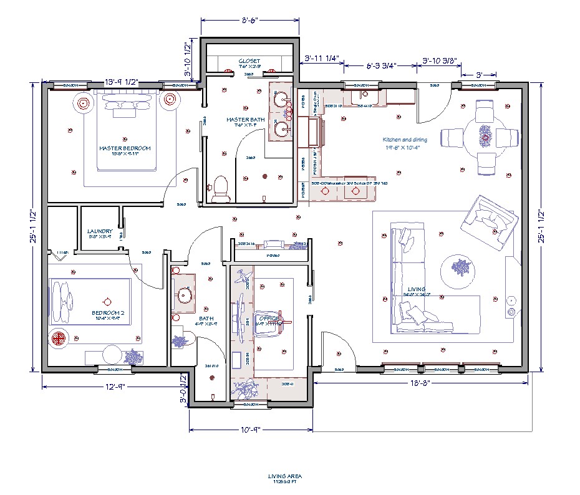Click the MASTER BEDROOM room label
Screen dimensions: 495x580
tap(125, 148)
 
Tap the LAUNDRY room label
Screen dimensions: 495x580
tap(100, 231)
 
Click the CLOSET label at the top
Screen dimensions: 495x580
tap(249, 61)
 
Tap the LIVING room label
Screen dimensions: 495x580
tap(417, 290)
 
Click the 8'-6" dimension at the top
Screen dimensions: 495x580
tap(251, 21)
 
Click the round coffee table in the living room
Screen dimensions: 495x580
tap(460, 269)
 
